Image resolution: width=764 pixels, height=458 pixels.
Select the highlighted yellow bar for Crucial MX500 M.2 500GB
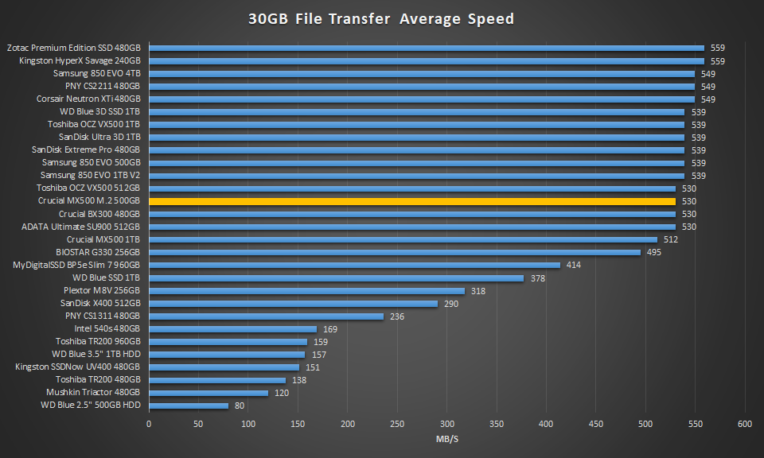tap(412, 201)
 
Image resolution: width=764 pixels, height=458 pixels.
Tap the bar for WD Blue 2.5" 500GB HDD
tap(189, 406)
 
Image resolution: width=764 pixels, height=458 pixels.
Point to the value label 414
tap(574, 265)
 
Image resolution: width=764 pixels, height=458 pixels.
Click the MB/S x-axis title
tap(446, 439)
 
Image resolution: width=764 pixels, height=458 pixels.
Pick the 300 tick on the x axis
tap(447, 424)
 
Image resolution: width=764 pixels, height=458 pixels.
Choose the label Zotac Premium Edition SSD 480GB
tap(74, 48)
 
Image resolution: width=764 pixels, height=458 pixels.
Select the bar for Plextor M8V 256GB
tap(306, 290)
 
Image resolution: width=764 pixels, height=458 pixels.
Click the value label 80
tap(240, 406)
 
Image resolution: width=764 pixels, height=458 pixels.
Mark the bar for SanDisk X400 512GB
tap(293, 303)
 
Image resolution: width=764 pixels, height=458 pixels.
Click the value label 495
tap(654, 252)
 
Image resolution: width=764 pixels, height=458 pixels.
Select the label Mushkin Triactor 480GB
tap(93, 392)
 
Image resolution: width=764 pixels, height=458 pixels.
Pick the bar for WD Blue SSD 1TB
tap(337, 278)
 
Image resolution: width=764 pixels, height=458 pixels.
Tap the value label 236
tap(397, 316)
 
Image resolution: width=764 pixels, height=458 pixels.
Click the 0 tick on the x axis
tap(149, 424)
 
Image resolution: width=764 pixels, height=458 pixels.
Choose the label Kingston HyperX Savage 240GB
tap(78, 60)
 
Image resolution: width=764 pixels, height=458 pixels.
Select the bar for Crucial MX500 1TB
tap(403, 239)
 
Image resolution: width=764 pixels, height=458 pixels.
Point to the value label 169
tap(330, 328)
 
